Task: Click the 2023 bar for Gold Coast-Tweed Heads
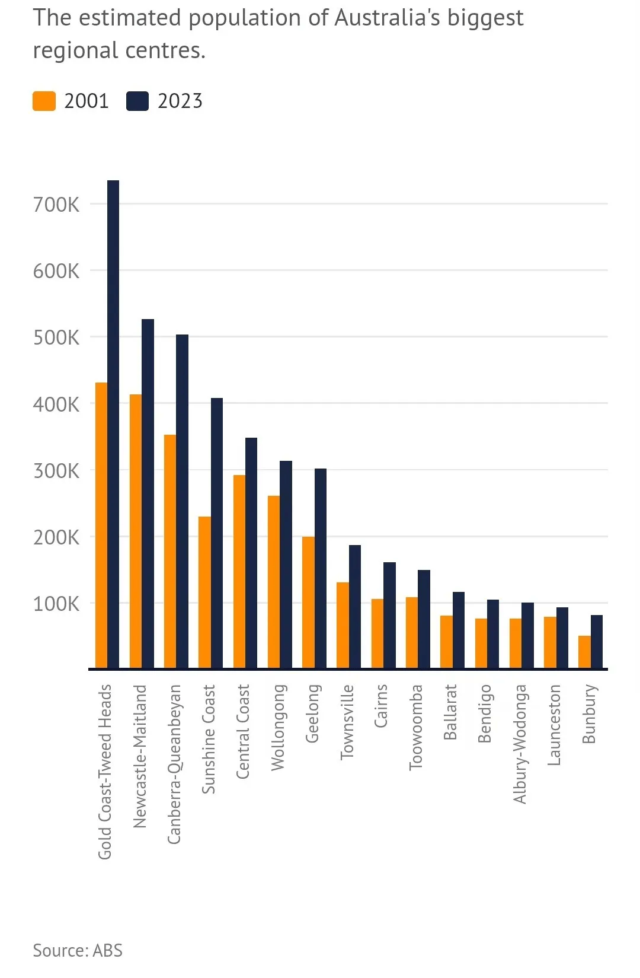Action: (x=113, y=424)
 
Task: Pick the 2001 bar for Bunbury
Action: (x=584, y=652)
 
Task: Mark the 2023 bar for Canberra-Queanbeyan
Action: (x=182, y=501)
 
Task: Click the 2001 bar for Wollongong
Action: (x=274, y=582)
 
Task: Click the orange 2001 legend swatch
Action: (x=44, y=101)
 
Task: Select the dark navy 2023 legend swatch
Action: (x=137, y=101)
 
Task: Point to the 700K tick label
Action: (x=56, y=205)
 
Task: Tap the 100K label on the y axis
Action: (x=56, y=604)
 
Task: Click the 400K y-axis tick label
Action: (x=56, y=404)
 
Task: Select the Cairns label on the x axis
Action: (x=381, y=706)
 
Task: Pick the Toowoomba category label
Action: (x=416, y=727)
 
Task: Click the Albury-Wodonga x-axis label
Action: (x=520, y=744)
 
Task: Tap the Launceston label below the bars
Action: (x=554, y=725)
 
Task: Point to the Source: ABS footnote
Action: (x=78, y=950)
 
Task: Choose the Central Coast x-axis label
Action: (x=243, y=731)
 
